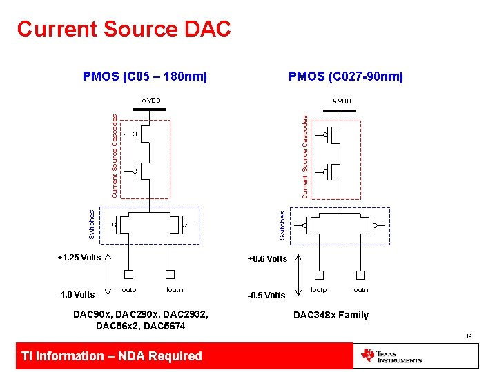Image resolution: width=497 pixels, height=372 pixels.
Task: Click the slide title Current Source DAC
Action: [x=124, y=29]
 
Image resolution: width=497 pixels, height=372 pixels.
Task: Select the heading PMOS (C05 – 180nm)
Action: [x=145, y=76]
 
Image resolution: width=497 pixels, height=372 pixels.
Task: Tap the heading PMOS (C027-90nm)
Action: [x=346, y=76]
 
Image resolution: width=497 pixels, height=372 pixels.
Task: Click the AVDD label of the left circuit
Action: [x=151, y=101]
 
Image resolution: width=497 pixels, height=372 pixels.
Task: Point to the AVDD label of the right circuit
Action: [x=341, y=101]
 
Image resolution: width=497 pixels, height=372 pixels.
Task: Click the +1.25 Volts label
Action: [x=79, y=258]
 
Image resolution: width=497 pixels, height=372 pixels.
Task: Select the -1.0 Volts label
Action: [x=76, y=295]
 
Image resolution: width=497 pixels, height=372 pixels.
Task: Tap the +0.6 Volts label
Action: [x=268, y=259]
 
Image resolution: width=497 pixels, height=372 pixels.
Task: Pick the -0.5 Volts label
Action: [x=266, y=296]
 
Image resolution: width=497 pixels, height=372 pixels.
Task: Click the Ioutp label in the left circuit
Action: [x=128, y=290]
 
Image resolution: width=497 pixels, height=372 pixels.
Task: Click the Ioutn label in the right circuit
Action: [x=360, y=290]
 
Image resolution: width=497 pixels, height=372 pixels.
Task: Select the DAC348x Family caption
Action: [x=331, y=315]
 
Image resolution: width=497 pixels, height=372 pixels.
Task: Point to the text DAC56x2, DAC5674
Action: [x=141, y=326]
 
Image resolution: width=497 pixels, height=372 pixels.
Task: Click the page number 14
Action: [x=469, y=336]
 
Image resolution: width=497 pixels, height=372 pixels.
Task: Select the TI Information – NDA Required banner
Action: [x=112, y=356]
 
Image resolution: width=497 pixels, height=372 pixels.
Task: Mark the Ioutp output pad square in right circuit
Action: [x=320, y=274]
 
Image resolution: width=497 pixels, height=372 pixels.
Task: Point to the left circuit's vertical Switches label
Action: [x=92, y=225]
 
